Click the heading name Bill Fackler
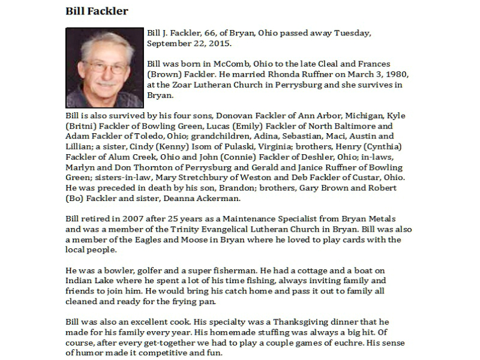point(96,11)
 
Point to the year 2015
point(218,44)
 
